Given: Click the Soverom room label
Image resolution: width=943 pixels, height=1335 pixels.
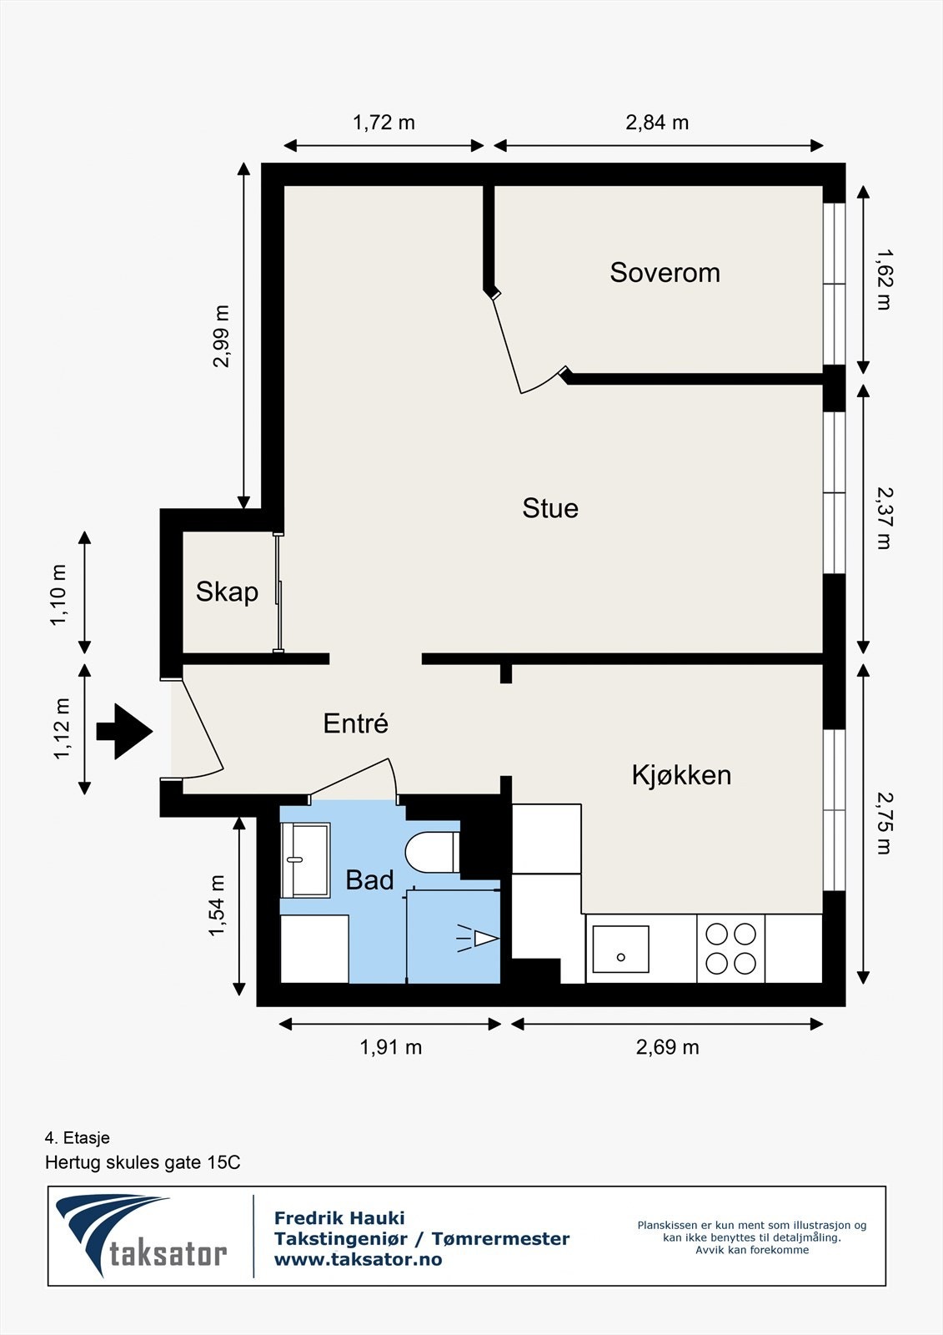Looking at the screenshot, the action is [x=665, y=272].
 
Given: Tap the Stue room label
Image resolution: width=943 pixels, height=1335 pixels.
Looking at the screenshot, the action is [x=550, y=508].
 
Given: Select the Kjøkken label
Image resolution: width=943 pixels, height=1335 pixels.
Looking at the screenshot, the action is [x=681, y=775].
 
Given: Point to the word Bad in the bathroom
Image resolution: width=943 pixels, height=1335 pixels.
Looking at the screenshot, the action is [x=369, y=879].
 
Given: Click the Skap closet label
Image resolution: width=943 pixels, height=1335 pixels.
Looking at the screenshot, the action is [x=227, y=592].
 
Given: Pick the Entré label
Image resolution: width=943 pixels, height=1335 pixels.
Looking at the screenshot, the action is [x=356, y=723].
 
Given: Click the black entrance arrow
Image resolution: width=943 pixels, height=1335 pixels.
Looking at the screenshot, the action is [x=124, y=731].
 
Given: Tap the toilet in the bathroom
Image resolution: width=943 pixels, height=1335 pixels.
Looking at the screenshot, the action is [x=433, y=852].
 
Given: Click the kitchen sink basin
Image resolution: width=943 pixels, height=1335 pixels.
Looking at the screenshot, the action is [x=620, y=949].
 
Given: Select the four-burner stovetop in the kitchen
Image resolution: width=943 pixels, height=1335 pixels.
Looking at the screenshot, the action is [x=731, y=948].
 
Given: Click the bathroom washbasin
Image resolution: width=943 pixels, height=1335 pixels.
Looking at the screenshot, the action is [x=306, y=859].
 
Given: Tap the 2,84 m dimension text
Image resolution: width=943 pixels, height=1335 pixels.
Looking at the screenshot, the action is [x=657, y=123].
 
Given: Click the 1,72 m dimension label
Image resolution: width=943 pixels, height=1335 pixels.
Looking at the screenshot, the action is [x=384, y=122].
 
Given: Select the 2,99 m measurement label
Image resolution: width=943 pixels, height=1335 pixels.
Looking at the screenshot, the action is [x=221, y=336].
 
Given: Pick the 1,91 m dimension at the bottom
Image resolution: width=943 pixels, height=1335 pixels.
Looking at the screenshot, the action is [x=391, y=1047].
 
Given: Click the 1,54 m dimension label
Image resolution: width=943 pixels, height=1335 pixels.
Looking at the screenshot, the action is [x=216, y=905].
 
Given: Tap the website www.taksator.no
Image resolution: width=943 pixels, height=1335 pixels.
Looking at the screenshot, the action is [x=358, y=1259].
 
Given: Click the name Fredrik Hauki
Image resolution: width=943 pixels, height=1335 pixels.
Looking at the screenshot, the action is [x=339, y=1218].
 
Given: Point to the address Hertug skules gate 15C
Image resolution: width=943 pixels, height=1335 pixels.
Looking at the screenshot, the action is [x=143, y=1162].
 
